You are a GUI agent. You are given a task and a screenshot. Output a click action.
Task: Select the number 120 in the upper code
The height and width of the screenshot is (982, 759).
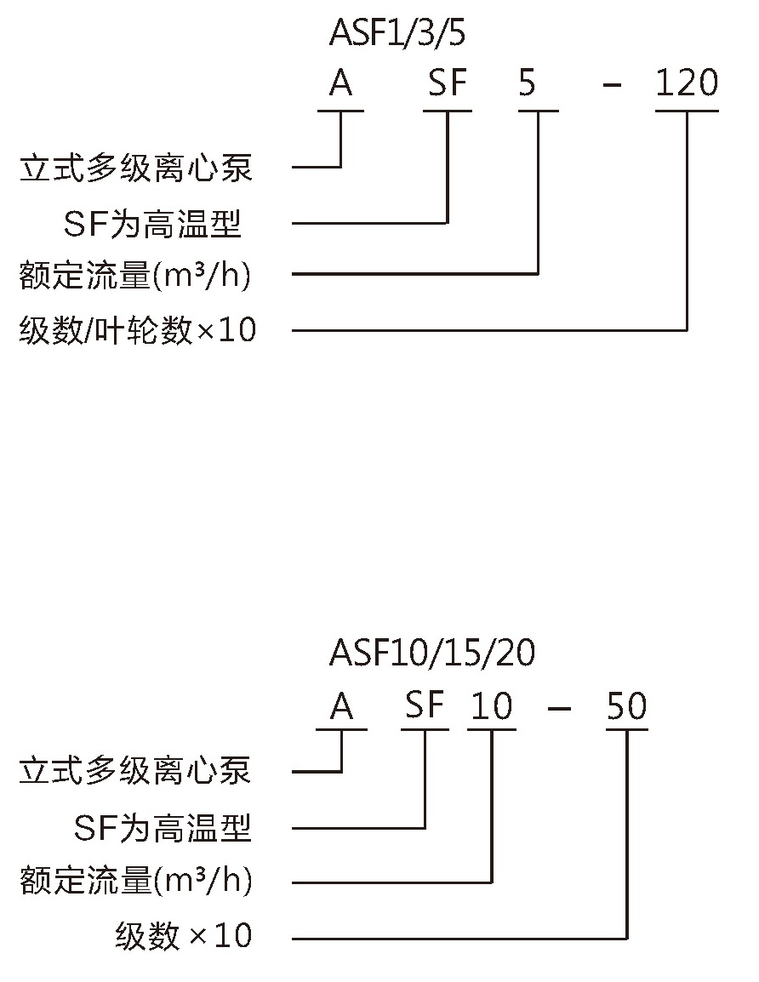pos(687,83)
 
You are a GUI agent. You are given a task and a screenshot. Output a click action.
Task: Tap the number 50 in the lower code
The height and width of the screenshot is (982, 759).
pos(627,705)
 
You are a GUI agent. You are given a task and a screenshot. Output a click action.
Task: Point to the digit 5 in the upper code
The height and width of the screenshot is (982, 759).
pos(528,83)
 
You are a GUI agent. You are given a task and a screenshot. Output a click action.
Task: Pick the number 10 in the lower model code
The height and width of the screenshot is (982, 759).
pos(492,705)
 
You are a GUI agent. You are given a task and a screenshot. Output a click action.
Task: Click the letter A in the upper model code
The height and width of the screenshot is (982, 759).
pos(341,83)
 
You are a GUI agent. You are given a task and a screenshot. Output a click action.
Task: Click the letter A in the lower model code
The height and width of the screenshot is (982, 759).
pos(342,707)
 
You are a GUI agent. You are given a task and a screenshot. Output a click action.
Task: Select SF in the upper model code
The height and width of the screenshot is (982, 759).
pos(448,83)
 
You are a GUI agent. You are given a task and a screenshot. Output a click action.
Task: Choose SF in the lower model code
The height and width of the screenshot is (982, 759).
pos(425,705)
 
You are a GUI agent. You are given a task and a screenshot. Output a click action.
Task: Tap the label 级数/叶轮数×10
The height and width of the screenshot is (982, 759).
pos(138,330)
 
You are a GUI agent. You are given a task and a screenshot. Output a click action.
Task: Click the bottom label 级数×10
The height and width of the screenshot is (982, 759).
pos(184,936)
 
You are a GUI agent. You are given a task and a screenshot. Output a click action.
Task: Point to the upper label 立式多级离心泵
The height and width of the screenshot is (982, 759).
pos(136,168)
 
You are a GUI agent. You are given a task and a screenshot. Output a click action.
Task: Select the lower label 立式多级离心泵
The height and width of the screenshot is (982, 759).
pos(135,770)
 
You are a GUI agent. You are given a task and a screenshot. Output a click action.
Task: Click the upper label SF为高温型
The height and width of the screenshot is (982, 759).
pos(152,224)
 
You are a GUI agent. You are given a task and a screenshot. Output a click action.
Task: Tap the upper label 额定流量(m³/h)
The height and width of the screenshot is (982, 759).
pos(135,275)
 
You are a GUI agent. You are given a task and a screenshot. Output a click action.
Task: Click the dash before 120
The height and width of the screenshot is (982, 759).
pos(612,83)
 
